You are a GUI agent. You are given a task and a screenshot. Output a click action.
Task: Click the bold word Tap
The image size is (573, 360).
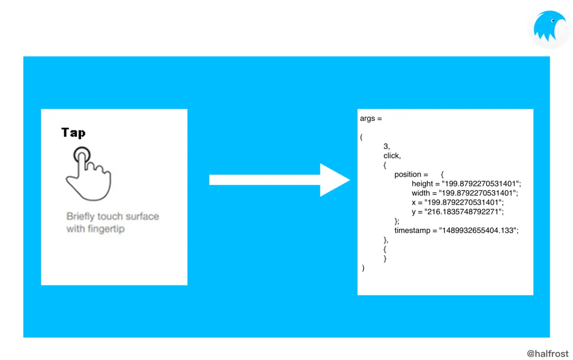(73, 133)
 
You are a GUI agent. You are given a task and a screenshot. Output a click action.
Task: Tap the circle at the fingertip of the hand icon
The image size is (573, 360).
(82, 154)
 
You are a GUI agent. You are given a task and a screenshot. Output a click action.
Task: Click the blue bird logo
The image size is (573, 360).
(549, 28)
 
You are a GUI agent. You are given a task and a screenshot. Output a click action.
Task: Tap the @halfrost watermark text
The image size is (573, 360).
(548, 354)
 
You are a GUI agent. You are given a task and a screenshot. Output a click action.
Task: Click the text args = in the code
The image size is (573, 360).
(371, 118)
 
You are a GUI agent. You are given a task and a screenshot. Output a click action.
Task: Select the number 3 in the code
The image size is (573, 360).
(386, 146)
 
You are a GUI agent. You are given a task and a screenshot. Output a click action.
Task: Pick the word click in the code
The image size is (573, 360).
(391, 156)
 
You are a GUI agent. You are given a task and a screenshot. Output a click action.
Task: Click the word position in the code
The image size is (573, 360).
(408, 174)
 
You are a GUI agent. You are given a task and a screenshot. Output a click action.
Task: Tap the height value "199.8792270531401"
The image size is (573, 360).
(481, 184)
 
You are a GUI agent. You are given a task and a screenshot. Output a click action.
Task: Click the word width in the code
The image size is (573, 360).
(421, 193)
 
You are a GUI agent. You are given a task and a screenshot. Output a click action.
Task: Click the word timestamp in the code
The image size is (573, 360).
(412, 230)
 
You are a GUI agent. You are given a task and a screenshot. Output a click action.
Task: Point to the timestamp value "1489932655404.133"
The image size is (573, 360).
(479, 230)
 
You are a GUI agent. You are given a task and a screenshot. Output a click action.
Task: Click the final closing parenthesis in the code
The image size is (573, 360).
(363, 268)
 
